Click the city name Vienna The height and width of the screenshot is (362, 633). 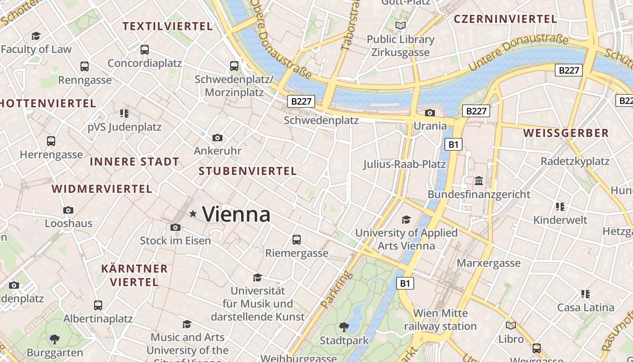tap(236, 214)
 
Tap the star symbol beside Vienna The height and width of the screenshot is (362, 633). tap(193, 214)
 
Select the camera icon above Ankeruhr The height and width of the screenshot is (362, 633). tap(217, 138)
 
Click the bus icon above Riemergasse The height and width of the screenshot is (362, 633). tap(297, 240)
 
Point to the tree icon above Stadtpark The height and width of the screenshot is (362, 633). tap(344, 327)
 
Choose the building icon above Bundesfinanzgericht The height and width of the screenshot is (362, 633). tap(479, 181)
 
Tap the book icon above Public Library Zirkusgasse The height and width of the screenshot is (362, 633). tap(400, 26)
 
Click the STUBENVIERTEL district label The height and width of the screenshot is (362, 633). tap(248, 171)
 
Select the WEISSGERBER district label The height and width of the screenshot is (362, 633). tap(566, 133)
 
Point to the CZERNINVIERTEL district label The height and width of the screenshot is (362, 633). tap(505, 19)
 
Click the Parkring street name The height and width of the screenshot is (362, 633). tap(335, 290)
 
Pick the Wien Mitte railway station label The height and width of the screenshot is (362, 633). tap(440, 319)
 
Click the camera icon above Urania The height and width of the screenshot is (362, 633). tap(430, 113)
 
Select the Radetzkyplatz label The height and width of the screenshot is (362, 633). tap(575, 161)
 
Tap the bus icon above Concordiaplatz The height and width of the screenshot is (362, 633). tap(145, 50)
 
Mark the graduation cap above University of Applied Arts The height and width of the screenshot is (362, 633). tap(406, 220)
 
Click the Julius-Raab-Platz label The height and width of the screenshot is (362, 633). tap(405, 164)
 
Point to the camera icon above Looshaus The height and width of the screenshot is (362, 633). tap(68, 210)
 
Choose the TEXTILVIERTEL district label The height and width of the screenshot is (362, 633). tap(168, 26)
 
